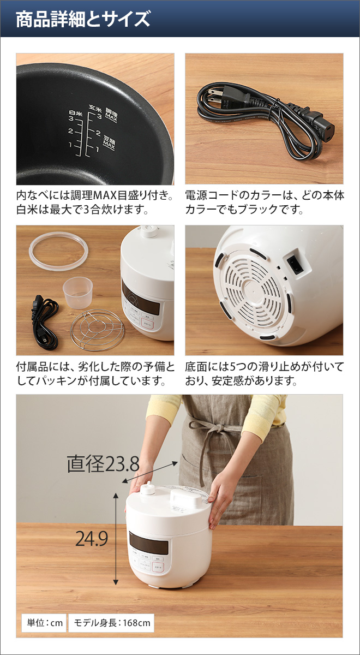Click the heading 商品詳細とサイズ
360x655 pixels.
[x=82, y=20]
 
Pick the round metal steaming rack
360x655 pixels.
[x=98, y=330]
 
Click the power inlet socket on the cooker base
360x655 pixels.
[x=295, y=265]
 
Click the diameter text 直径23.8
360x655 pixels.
[x=103, y=465]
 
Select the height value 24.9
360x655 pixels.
[x=92, y=539]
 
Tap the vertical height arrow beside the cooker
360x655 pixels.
[x=116, y=538]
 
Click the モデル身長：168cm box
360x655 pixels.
[x=111, y=623]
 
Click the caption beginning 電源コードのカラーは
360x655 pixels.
[x=264, y=202]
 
